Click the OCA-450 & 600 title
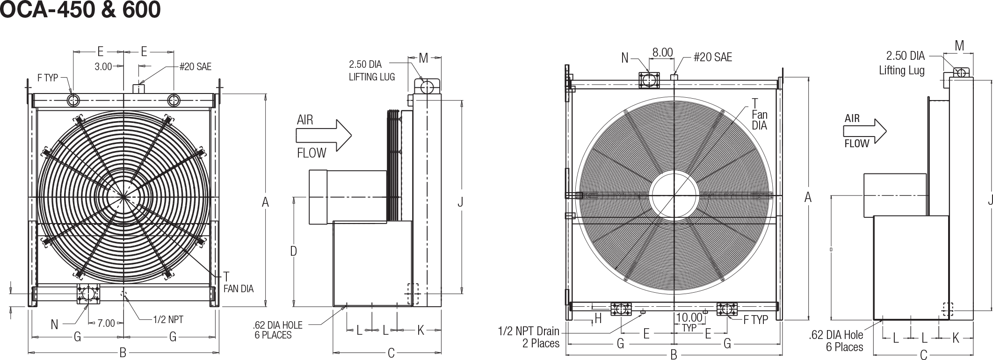80,10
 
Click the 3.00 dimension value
103,67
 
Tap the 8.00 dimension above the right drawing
663,52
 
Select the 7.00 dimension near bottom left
106,323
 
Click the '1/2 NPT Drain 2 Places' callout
529,338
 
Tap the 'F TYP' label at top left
48,78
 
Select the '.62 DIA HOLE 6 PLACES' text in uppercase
277,330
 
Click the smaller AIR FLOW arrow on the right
865,131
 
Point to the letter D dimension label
293,252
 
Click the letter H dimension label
597,319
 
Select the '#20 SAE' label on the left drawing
195,67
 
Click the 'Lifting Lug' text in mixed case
901,71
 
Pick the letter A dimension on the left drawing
265,202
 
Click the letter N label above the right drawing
625,58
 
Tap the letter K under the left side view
420,331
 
